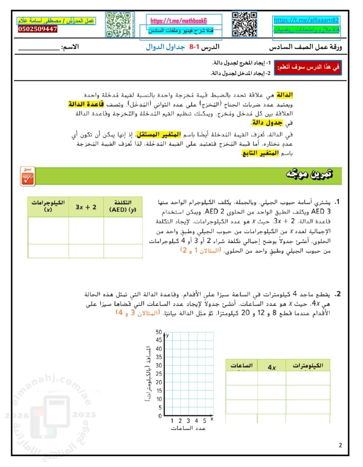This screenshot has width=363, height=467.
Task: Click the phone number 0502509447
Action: [x=38, y=29]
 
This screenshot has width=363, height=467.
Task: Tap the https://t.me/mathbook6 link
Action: [x=178, y=21]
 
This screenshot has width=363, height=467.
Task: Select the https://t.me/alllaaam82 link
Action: [x=306, y=20]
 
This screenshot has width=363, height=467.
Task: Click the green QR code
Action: [x=117, y=25]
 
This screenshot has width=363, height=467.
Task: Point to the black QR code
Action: [x=244, y=24]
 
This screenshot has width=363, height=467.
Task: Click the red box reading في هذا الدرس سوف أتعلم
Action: [x=308, y=67]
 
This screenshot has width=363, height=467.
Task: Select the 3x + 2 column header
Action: [x=86, y=207]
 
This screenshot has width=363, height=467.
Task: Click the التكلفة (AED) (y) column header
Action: [x=123, y=206]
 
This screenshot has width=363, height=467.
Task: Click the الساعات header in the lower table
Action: [x=242, y=366]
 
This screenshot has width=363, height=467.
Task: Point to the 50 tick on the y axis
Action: [x=158, y=332]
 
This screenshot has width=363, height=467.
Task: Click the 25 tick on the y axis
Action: [x=158, y=374]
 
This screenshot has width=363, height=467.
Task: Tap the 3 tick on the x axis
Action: [x=188, y=421]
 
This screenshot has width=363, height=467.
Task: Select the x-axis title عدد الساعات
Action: [x=188, y=428]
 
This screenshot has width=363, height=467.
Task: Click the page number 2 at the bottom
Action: [x=340, y=445]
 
